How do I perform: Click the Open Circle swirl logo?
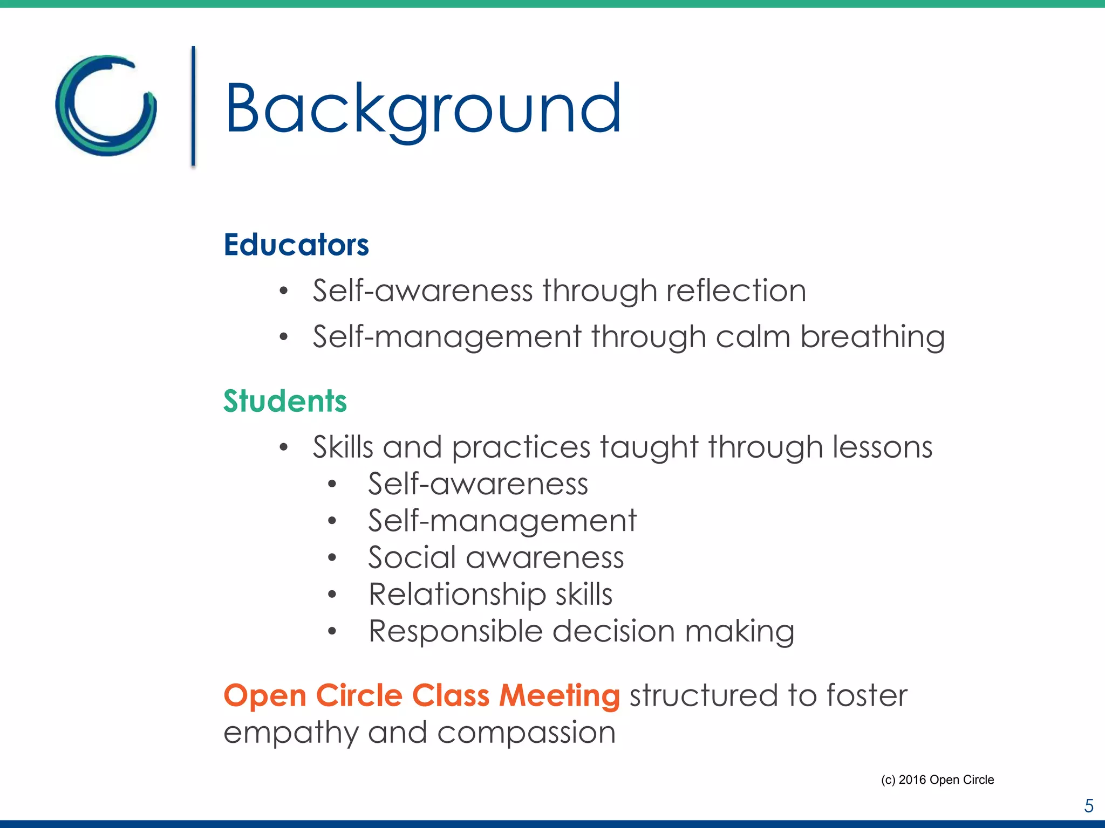pos(106,106)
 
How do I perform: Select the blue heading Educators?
pos(296,245)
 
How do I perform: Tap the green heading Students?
pos(285,401)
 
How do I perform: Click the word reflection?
pos(736,291)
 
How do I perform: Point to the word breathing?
pos(872,337)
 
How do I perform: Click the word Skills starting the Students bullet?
pos(343,447)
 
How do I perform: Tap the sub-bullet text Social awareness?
pos(496,557)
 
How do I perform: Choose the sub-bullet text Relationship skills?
pos(490,594)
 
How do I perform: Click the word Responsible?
pos(455,631)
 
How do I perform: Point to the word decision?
pos(613,631)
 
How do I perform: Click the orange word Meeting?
pos(560,695)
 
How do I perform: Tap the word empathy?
pos(291,734)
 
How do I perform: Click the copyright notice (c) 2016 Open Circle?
pos(937,779)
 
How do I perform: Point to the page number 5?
pos(1089,806)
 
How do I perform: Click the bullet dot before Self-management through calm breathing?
pos(284,337)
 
